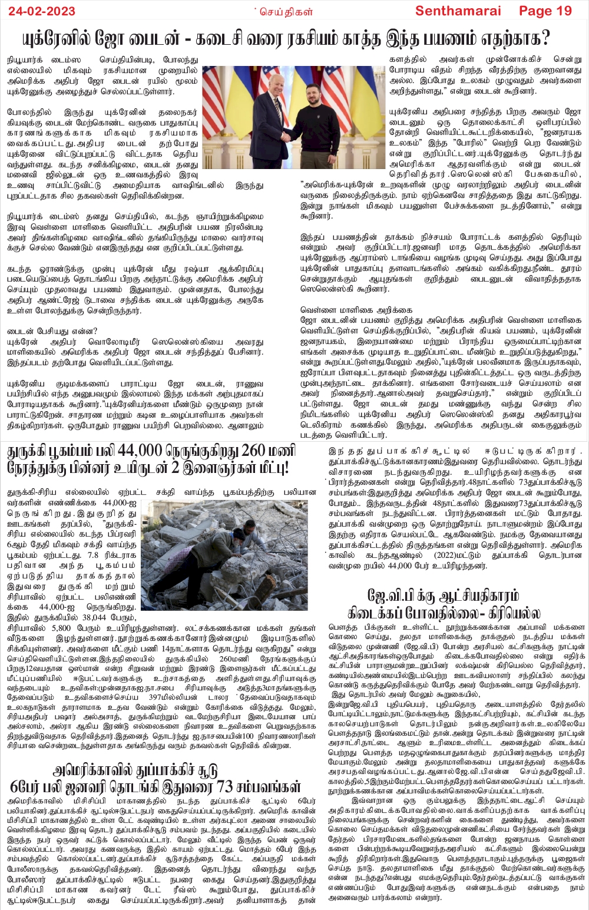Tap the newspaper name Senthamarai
pos(458,11)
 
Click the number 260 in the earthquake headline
pos(253,451)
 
